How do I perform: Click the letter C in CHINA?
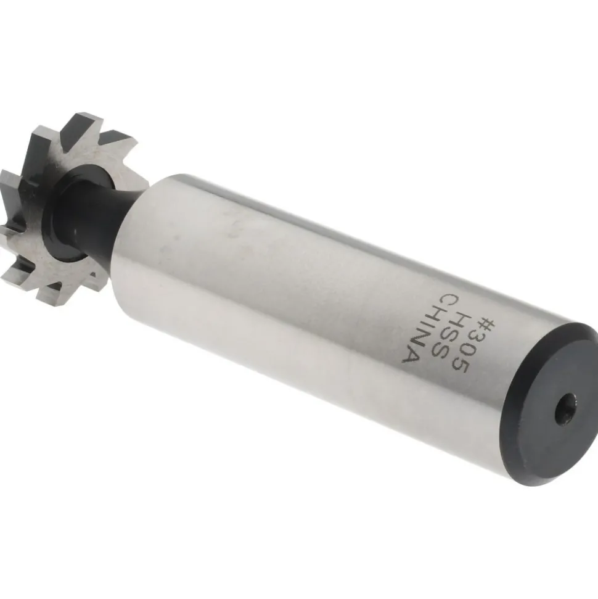[x=436, y=301]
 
